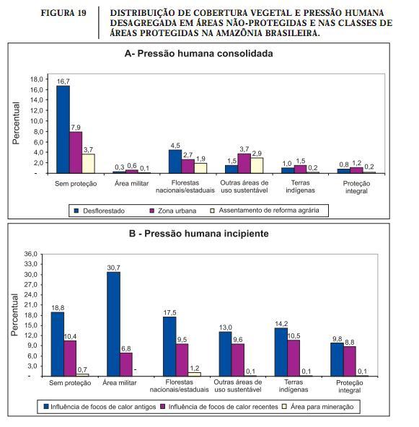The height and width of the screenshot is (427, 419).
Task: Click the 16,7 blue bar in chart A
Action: tap(63, 129)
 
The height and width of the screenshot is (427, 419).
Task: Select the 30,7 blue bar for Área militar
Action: tap(113, 324)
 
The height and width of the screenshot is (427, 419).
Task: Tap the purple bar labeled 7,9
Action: tap(76, 152)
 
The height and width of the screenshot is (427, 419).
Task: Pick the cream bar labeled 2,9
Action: tap(257, 165)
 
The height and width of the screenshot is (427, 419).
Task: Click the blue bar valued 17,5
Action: tap(169, 346)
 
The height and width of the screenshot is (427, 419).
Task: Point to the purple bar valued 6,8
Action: tap(126, 364)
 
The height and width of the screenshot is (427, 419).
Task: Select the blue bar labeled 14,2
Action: tap(281, 352)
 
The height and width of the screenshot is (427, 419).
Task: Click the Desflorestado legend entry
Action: tap(100, 211)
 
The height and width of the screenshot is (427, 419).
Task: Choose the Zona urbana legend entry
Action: tap(173, 211)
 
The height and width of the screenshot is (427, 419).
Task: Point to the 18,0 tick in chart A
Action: tap(37, 79)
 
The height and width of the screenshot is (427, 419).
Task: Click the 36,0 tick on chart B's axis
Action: tap(30, 254)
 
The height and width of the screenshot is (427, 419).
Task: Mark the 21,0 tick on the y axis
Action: tap(30, 304)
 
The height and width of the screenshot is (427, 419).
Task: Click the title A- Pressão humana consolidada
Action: tap(199, 53)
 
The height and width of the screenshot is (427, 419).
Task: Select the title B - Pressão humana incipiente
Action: tap(199, 234)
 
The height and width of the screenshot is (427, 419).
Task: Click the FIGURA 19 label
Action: tap(63, 13)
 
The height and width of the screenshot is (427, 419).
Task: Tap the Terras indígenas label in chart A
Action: tap(300, 187)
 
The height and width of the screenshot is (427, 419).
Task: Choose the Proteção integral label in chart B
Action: tap(349, 387)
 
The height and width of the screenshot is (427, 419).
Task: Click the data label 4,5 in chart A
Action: tap(175, 146)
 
